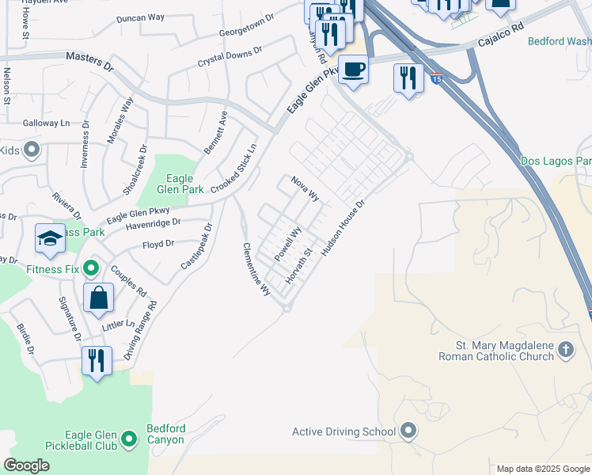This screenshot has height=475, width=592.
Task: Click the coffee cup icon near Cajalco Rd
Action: pos(353,69)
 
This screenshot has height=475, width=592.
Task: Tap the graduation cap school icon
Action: pos(50,238)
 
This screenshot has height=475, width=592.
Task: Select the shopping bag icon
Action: pos(99,298)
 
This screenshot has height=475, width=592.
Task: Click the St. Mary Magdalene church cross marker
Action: pos(565,349)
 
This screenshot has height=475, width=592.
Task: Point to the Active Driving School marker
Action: pos(408,431)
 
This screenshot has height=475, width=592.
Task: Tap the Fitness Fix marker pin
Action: pos(92,269)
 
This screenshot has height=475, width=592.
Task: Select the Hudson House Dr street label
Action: pos(343,226)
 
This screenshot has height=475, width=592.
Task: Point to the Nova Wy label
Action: pos(305,189)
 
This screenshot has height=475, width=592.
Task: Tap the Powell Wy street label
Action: pos(288,245)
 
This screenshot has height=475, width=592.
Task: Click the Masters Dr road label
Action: pos(90,59)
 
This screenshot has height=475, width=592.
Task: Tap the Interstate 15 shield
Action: pos(437,78)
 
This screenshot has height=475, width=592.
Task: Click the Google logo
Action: pos(26,465)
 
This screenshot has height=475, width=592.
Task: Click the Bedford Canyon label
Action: pos(166,435)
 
